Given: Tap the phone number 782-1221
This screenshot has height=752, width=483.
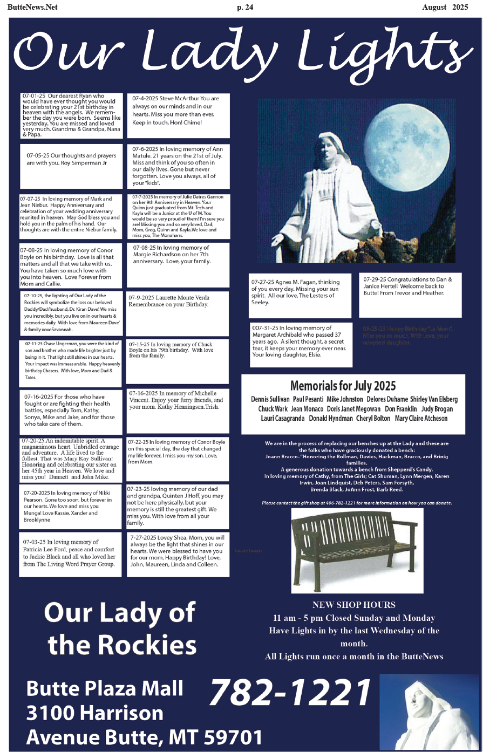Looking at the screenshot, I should [x=290, y=693].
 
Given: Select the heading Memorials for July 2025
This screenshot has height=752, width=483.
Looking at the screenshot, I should [x=343, y=386].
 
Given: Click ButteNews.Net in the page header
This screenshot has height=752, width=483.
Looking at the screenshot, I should [x=32, y=7].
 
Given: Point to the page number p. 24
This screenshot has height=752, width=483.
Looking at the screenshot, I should [x=245, y=7].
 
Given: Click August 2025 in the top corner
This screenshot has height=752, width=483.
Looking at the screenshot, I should [x=445, y=7].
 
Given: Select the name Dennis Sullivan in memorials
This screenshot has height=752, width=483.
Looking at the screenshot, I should [x=270, y=400].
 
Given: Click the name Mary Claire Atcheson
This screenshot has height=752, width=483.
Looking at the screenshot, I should [x=421, y=419].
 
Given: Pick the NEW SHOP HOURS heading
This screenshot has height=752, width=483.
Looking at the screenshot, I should [x=353, y=605].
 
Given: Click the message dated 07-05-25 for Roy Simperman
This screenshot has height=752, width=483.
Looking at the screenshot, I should [x=71, y=159].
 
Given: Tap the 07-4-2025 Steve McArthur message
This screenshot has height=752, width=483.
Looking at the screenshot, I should [x=178, y=110].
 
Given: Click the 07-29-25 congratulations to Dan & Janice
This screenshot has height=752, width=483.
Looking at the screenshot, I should [x=410, y=286].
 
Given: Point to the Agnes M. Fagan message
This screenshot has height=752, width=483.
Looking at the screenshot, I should [x=300, y=292].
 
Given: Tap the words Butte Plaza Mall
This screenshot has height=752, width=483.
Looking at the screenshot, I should [x=105, y=689].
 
